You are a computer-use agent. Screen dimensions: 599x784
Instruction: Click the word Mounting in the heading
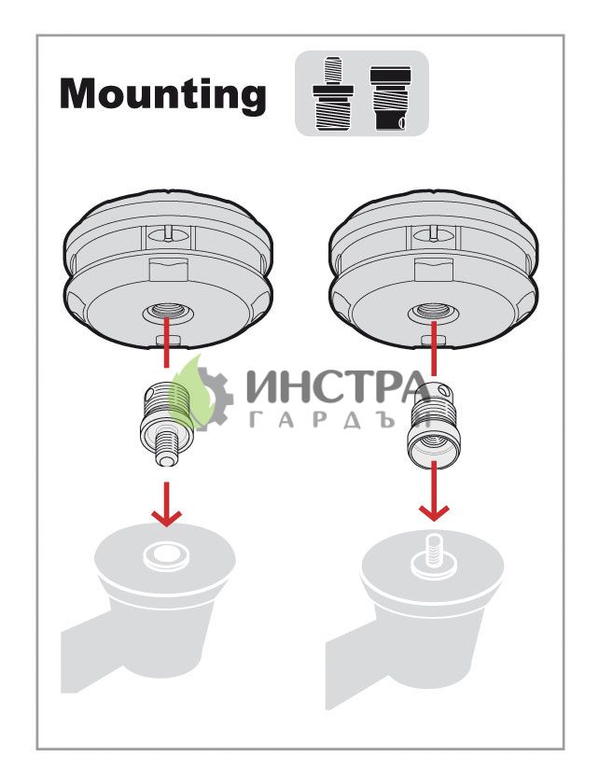(163, 94)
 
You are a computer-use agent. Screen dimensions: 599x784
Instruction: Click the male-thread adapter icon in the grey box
(332, 93)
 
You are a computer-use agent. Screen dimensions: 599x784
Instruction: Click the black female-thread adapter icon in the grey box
(391, 99)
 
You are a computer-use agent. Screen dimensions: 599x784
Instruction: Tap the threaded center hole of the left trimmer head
(166, 312)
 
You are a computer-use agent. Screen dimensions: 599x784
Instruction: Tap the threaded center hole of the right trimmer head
(433, 313)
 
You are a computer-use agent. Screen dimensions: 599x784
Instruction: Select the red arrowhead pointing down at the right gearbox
(434, 512)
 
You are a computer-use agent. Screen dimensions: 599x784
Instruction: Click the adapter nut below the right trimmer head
(432, 423)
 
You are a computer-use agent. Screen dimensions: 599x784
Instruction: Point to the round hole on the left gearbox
(166, 554)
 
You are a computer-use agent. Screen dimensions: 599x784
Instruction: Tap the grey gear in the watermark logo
(213, 399)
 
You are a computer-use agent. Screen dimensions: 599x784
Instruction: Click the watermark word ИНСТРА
(339, 386)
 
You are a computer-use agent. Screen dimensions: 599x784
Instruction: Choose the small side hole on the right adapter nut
(438, 390)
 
